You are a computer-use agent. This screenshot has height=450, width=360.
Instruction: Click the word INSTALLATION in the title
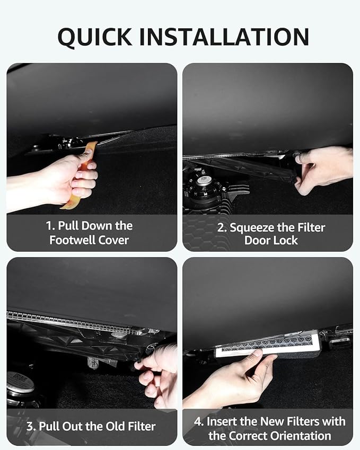click(224, 37)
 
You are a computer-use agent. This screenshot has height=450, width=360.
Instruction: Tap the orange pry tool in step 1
click(82, 174)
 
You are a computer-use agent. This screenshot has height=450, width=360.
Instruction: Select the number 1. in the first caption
click(50, 226)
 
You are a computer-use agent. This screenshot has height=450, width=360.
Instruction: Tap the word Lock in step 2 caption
click(285, 240)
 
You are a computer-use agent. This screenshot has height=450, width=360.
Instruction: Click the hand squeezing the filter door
click(323, 169)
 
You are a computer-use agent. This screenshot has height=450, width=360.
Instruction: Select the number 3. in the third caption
click(31, 426)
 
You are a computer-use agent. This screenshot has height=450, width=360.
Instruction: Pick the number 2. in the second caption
click(222, 228)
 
